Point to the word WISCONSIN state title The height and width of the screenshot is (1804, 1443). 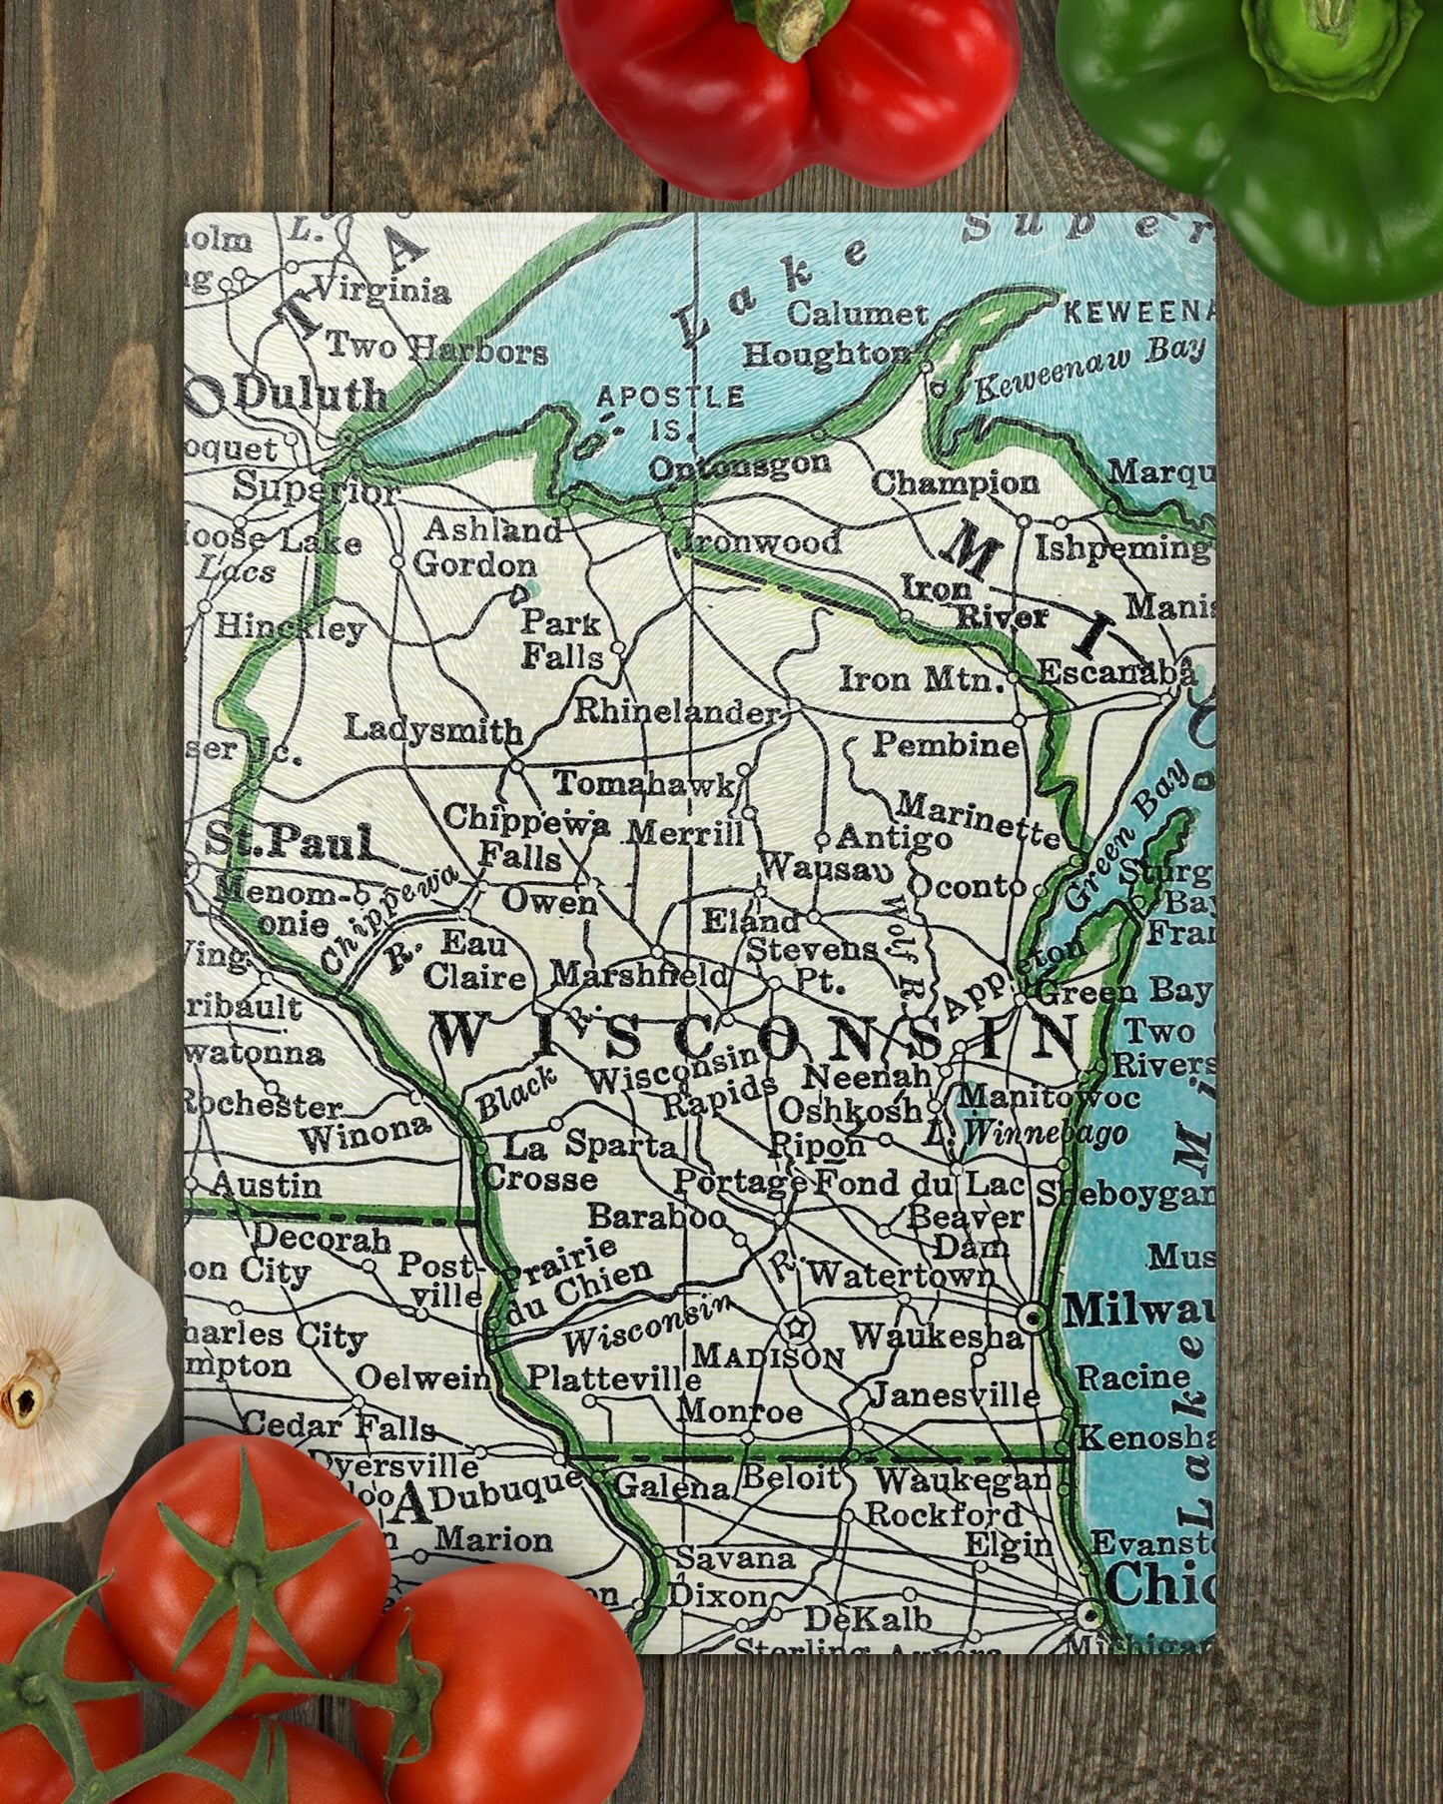click(744, 1036)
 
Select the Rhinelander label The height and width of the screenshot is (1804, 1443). click(677, 712)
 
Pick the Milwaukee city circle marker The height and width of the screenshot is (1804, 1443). click(1035, 1318)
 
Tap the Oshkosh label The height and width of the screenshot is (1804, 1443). click(850, 1109)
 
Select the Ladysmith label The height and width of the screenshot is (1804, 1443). click(433, 729)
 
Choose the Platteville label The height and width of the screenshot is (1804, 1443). click(614, 1378)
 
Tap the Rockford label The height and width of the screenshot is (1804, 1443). click(944, 1513)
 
